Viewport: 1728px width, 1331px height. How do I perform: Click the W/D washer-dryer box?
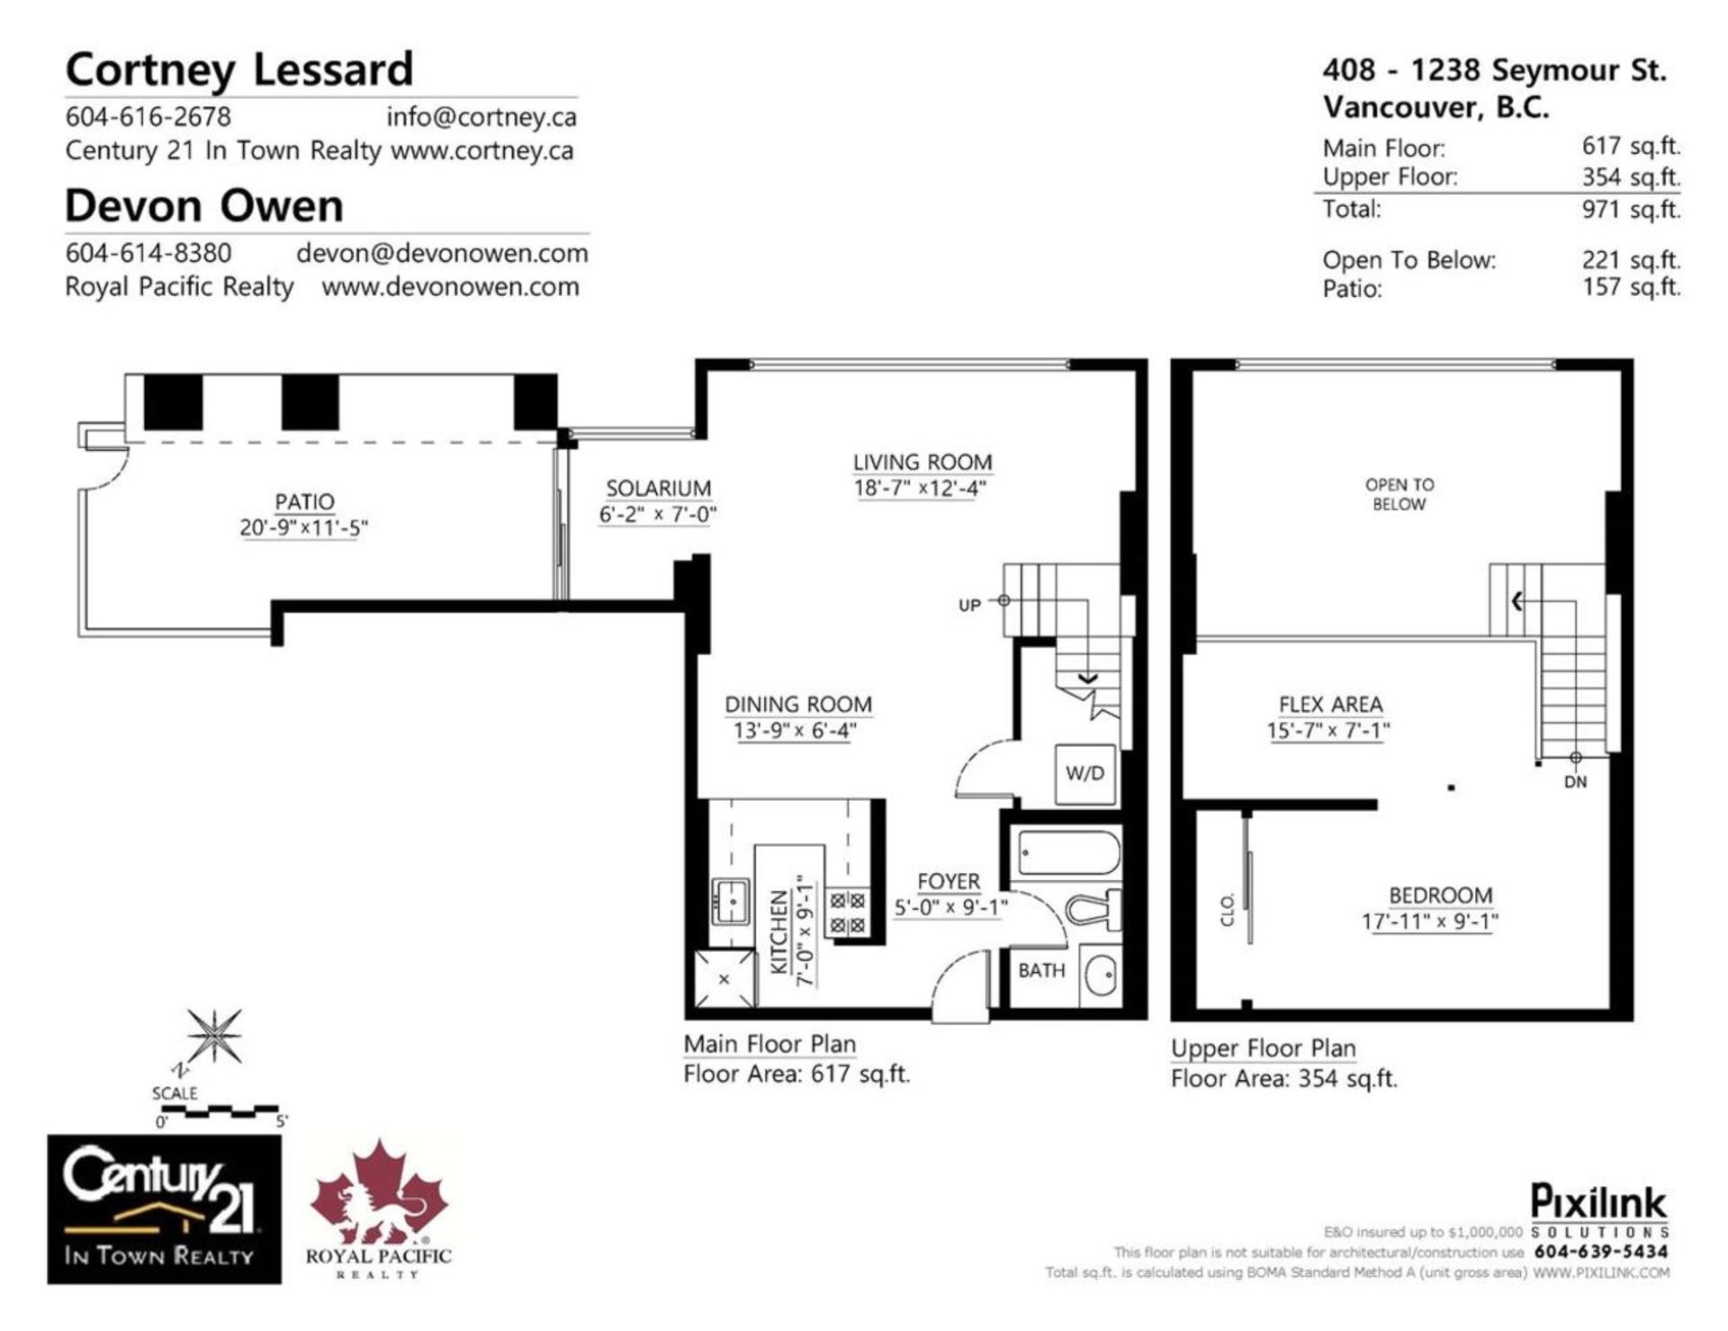(x=1084, y=773)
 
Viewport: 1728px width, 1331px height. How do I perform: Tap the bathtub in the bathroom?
(x=1068, y=852)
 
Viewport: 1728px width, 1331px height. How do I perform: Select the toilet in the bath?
(x=1095, y=909)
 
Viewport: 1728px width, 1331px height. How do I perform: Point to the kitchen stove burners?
(x=847, y=912)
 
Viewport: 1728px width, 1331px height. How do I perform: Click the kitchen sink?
(x=730, y=901)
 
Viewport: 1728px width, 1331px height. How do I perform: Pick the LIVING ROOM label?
(x=922, y=462)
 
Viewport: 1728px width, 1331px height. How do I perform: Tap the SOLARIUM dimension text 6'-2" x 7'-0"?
(x=658, y=515)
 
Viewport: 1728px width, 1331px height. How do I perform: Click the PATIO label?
(x=304, y=502)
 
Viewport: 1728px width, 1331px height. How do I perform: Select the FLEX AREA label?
(x=1330, y=705)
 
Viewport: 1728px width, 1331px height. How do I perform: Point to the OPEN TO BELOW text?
(x=1399, y=494)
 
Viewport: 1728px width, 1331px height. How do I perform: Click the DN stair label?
(x=1575, y=782)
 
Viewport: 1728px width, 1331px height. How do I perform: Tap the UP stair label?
(x=969, y=606)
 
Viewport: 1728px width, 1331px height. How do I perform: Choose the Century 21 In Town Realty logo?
(x=164, y=1209)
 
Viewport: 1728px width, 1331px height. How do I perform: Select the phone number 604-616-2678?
(x=148, y=117)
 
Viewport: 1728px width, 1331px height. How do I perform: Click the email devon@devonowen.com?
(x=442, y=253)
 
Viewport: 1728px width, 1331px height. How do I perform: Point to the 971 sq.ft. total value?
(x=1631, y=209)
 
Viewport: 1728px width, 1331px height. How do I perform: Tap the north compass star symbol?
(x=213, y=1036)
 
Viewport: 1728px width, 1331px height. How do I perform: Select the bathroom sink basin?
(x=1100, y=975)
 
